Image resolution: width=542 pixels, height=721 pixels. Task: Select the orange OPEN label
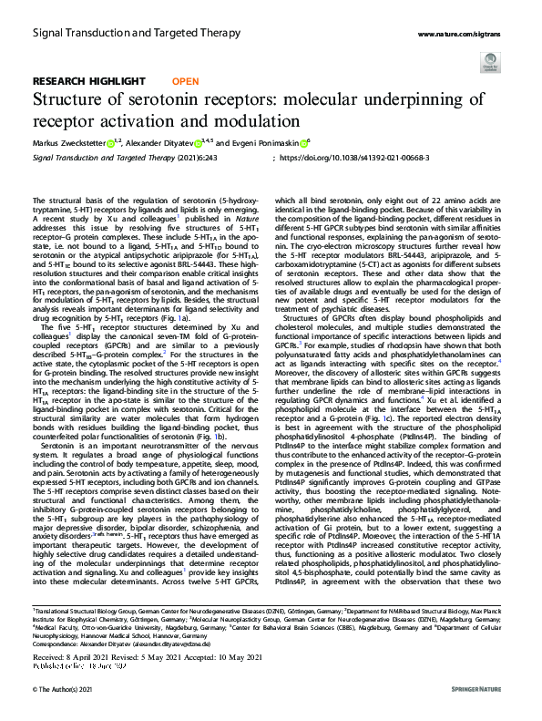point(185,81)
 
